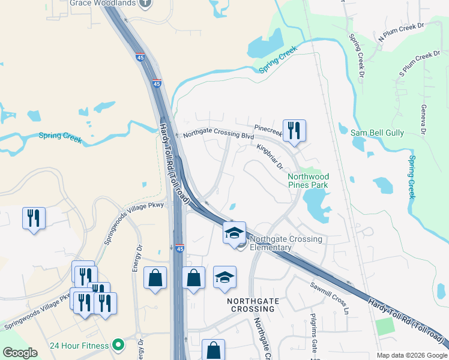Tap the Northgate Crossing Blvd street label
218,136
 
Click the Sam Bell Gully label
379,133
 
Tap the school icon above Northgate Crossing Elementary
234,233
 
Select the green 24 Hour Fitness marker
119,345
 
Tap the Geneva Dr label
423,119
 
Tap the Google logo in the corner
20,353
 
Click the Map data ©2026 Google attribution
412,356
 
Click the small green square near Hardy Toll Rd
384,327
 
